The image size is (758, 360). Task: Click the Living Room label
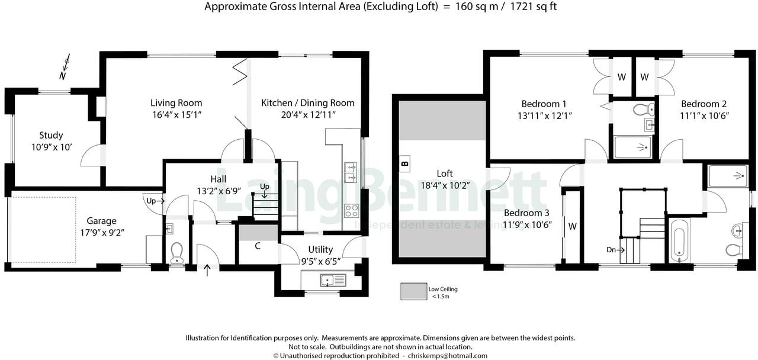[176, 103]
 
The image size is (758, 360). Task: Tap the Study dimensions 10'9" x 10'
[51, 147]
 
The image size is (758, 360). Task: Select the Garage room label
[102, 221]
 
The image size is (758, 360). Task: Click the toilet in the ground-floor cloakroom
[176, 253]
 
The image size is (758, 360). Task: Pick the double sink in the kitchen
[351, 172]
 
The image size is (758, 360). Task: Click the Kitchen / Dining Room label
[308, 103]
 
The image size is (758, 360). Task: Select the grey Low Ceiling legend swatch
[412, 292]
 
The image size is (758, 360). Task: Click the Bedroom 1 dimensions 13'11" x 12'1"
[544, 115]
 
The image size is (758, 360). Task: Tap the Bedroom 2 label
[704, 104]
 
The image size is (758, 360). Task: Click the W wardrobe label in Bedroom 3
[572, 226]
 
